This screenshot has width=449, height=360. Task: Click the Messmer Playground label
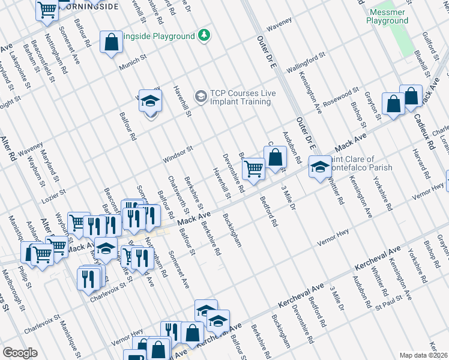pyautogui.click(x=387, y=16)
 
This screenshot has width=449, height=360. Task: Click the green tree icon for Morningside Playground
pyautogui.click(x=205, y=35)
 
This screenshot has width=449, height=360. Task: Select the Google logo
pyautogui.click(x=20, y=353)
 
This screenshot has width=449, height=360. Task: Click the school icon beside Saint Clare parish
pyautogui.click(x=319, y=166)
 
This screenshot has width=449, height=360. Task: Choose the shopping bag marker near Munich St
pyautogui.click(x=110, y=42)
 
